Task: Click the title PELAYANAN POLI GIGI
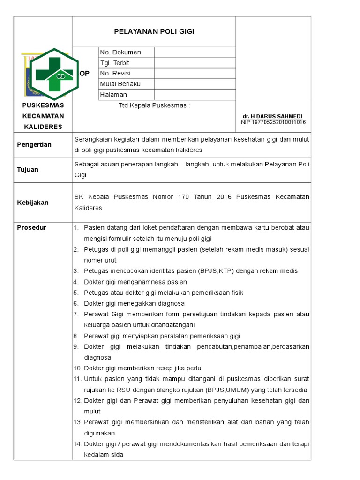pos(154,31)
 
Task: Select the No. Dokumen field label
pos(120,52)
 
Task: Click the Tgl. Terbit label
pos(114,63)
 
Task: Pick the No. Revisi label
pos(115,74)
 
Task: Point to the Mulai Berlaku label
pos(120,84)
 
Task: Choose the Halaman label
pos(113,95)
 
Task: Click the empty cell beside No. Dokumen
pos(195,52)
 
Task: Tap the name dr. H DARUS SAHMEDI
pos(272,116)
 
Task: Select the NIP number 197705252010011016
pos(273,122)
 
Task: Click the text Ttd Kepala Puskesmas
pos(154,105)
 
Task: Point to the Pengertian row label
pos(34,145)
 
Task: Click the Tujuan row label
pos(28,170)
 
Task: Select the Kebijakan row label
pos(33,202)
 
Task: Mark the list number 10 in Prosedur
pos(77,368)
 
